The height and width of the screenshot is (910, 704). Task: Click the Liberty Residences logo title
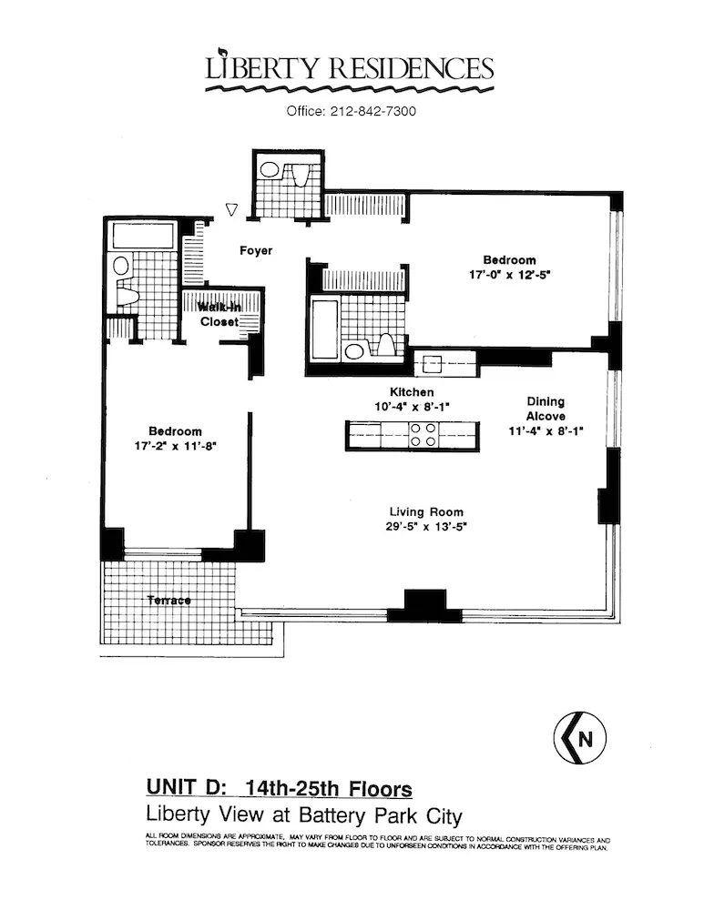[350, 68]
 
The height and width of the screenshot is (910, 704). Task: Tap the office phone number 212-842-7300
[352, 112]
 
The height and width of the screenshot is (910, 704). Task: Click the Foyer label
[256, 250]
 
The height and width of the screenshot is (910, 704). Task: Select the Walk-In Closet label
[219, 315]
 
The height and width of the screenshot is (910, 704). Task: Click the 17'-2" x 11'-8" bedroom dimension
[176, 446]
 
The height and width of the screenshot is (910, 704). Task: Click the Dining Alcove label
[546, 409]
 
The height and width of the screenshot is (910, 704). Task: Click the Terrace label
[168, 601]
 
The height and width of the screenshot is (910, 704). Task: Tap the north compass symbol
[580, 740]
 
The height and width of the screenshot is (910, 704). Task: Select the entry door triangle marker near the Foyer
[231, 209]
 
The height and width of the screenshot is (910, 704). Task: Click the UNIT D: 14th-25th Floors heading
[279, 788]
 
